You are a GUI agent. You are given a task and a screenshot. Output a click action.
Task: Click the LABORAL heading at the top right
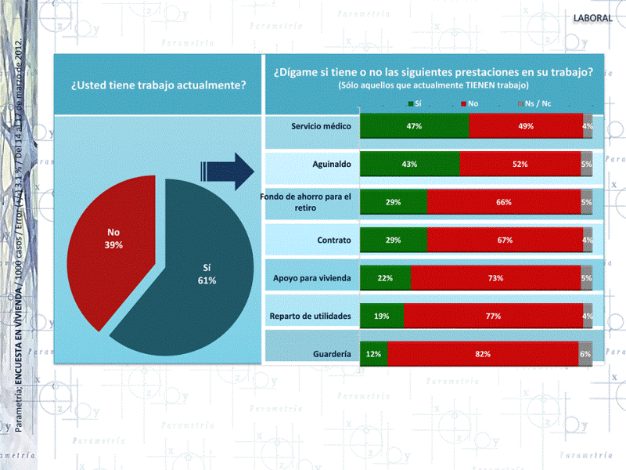[x=593, y=17]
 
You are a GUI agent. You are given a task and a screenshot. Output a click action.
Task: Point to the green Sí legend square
[x=410, y=103]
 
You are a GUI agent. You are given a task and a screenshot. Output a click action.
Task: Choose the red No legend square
[x=464, y=103]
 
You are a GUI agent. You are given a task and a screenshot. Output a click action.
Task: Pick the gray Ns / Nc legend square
[x=520, y=103]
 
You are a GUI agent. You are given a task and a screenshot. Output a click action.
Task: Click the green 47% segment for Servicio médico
[x=414, y=126]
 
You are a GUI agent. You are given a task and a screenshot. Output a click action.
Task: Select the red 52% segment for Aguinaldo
[x=520, y=164]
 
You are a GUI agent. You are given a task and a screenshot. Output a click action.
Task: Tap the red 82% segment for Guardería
[x=482, y=354]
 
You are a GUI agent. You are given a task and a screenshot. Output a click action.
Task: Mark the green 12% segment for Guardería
[x=373, y=354]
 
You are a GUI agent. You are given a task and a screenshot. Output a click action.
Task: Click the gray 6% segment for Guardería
[x=585, y=354]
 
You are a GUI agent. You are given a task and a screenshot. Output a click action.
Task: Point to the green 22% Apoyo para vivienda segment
[x=385, y=278]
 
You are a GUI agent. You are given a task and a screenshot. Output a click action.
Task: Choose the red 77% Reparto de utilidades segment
[x=493, y=316]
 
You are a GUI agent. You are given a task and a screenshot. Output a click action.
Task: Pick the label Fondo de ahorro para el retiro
[x=308, y=202]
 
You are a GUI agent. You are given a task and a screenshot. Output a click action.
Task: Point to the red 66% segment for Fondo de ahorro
[x=504, y=202]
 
